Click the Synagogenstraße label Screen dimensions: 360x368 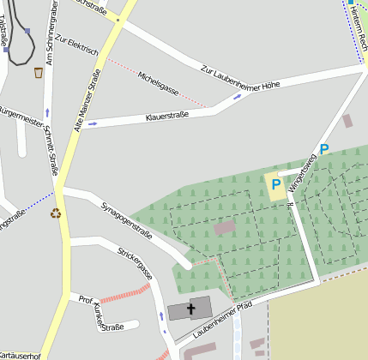coord(126,219)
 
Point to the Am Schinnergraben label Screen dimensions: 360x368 coord(51,34)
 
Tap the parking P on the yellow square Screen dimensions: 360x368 coord(276,184)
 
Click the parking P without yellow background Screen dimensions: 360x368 coord(323,149)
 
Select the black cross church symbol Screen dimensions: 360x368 coord(190,308)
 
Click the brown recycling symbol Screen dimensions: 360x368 coord(57,213)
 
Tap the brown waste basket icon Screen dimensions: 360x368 coord(39,73)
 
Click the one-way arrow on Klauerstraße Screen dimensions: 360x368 coord(93,123)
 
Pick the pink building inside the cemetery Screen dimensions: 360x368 coord(225,228)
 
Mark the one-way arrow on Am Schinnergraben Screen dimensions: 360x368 coord(47,112)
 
